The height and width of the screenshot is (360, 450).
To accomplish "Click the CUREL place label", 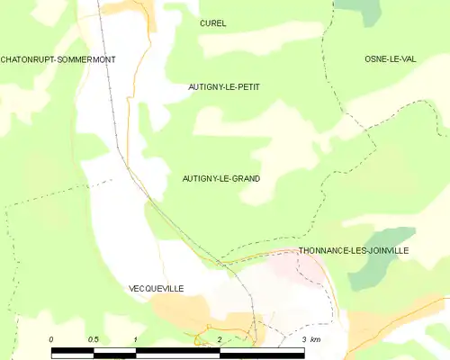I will pyautogui.click(x=213, y=23).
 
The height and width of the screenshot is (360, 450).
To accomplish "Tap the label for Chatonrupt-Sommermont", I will pyautogui.click(x=58, y=59).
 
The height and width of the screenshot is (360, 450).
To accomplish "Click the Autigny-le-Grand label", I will pyautogui.click(x=221, y=179).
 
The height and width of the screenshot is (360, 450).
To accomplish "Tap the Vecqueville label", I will pyautogui.click(x=156, y=288).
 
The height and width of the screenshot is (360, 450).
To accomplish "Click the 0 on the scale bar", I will pyautogui.click(x=51, y=339).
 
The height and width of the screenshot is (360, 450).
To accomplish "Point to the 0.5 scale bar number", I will pyautogui.click(x=93, y=339).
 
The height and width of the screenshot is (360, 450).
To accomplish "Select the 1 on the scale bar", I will pyautogui.click(x=135, y=339).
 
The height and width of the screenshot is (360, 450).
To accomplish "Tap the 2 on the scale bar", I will pyautogui.click(x=219, y=339).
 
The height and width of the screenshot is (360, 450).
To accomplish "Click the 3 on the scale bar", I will pyautogui.click(x=303, y=339).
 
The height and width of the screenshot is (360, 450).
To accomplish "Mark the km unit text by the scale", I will pyautogui.click(x=315, y=339).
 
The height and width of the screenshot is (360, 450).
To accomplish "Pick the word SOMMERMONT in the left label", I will pyautogui.click(x=87, y=59).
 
